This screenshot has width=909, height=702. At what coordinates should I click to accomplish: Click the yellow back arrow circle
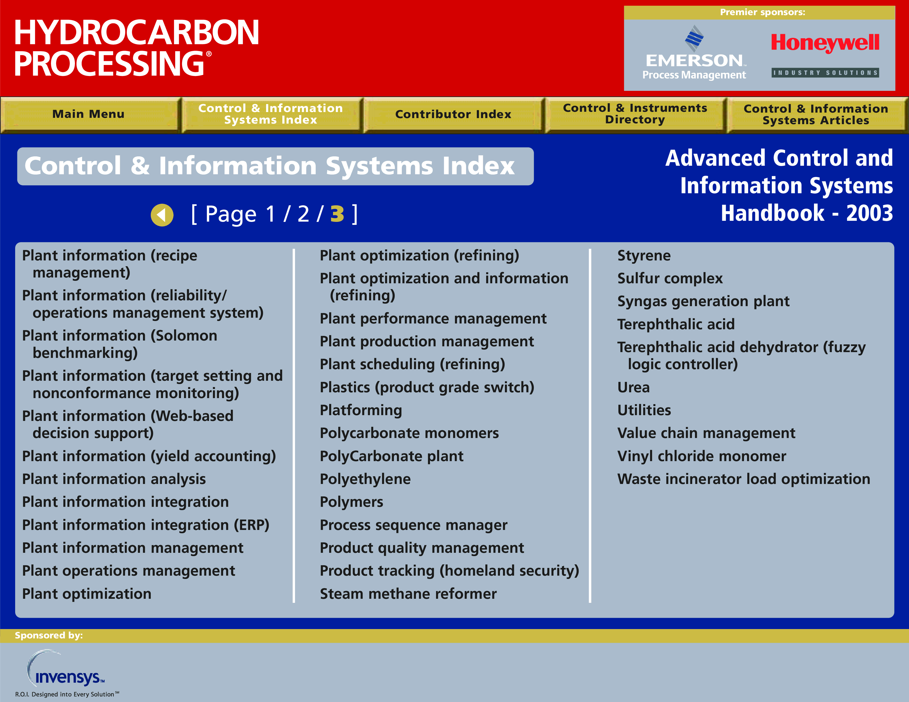click(x=162, y=215)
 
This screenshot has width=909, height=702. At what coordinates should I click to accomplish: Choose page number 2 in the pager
click(x=304, y=214)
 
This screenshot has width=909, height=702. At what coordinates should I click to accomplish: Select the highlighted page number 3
click(x=337, y=214)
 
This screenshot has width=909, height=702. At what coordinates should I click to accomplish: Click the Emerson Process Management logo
click(x=694, y=53)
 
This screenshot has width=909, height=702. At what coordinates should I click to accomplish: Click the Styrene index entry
click(x=644, y=256)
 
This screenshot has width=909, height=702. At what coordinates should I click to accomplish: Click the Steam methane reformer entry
click(x=408, y=594)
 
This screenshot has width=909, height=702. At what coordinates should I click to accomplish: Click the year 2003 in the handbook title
click(x=869, y=213)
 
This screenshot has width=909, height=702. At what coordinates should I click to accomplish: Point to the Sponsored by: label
click(x=49, y=635)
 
